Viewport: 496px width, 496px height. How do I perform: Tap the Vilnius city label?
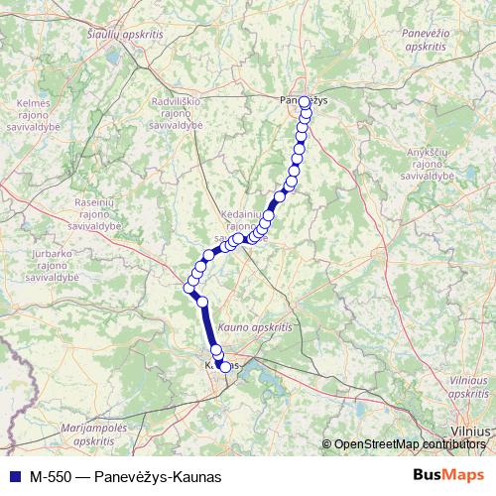469,432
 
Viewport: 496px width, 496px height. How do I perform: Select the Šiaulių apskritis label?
124,34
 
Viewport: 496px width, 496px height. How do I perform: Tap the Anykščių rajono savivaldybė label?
430,164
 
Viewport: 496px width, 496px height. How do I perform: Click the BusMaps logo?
449,475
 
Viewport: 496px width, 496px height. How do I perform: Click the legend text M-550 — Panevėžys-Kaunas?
125,476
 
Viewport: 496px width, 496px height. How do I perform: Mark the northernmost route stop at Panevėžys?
305,101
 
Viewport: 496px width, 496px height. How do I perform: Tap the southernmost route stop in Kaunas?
225,367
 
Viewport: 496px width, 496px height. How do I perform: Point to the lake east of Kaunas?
260,373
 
